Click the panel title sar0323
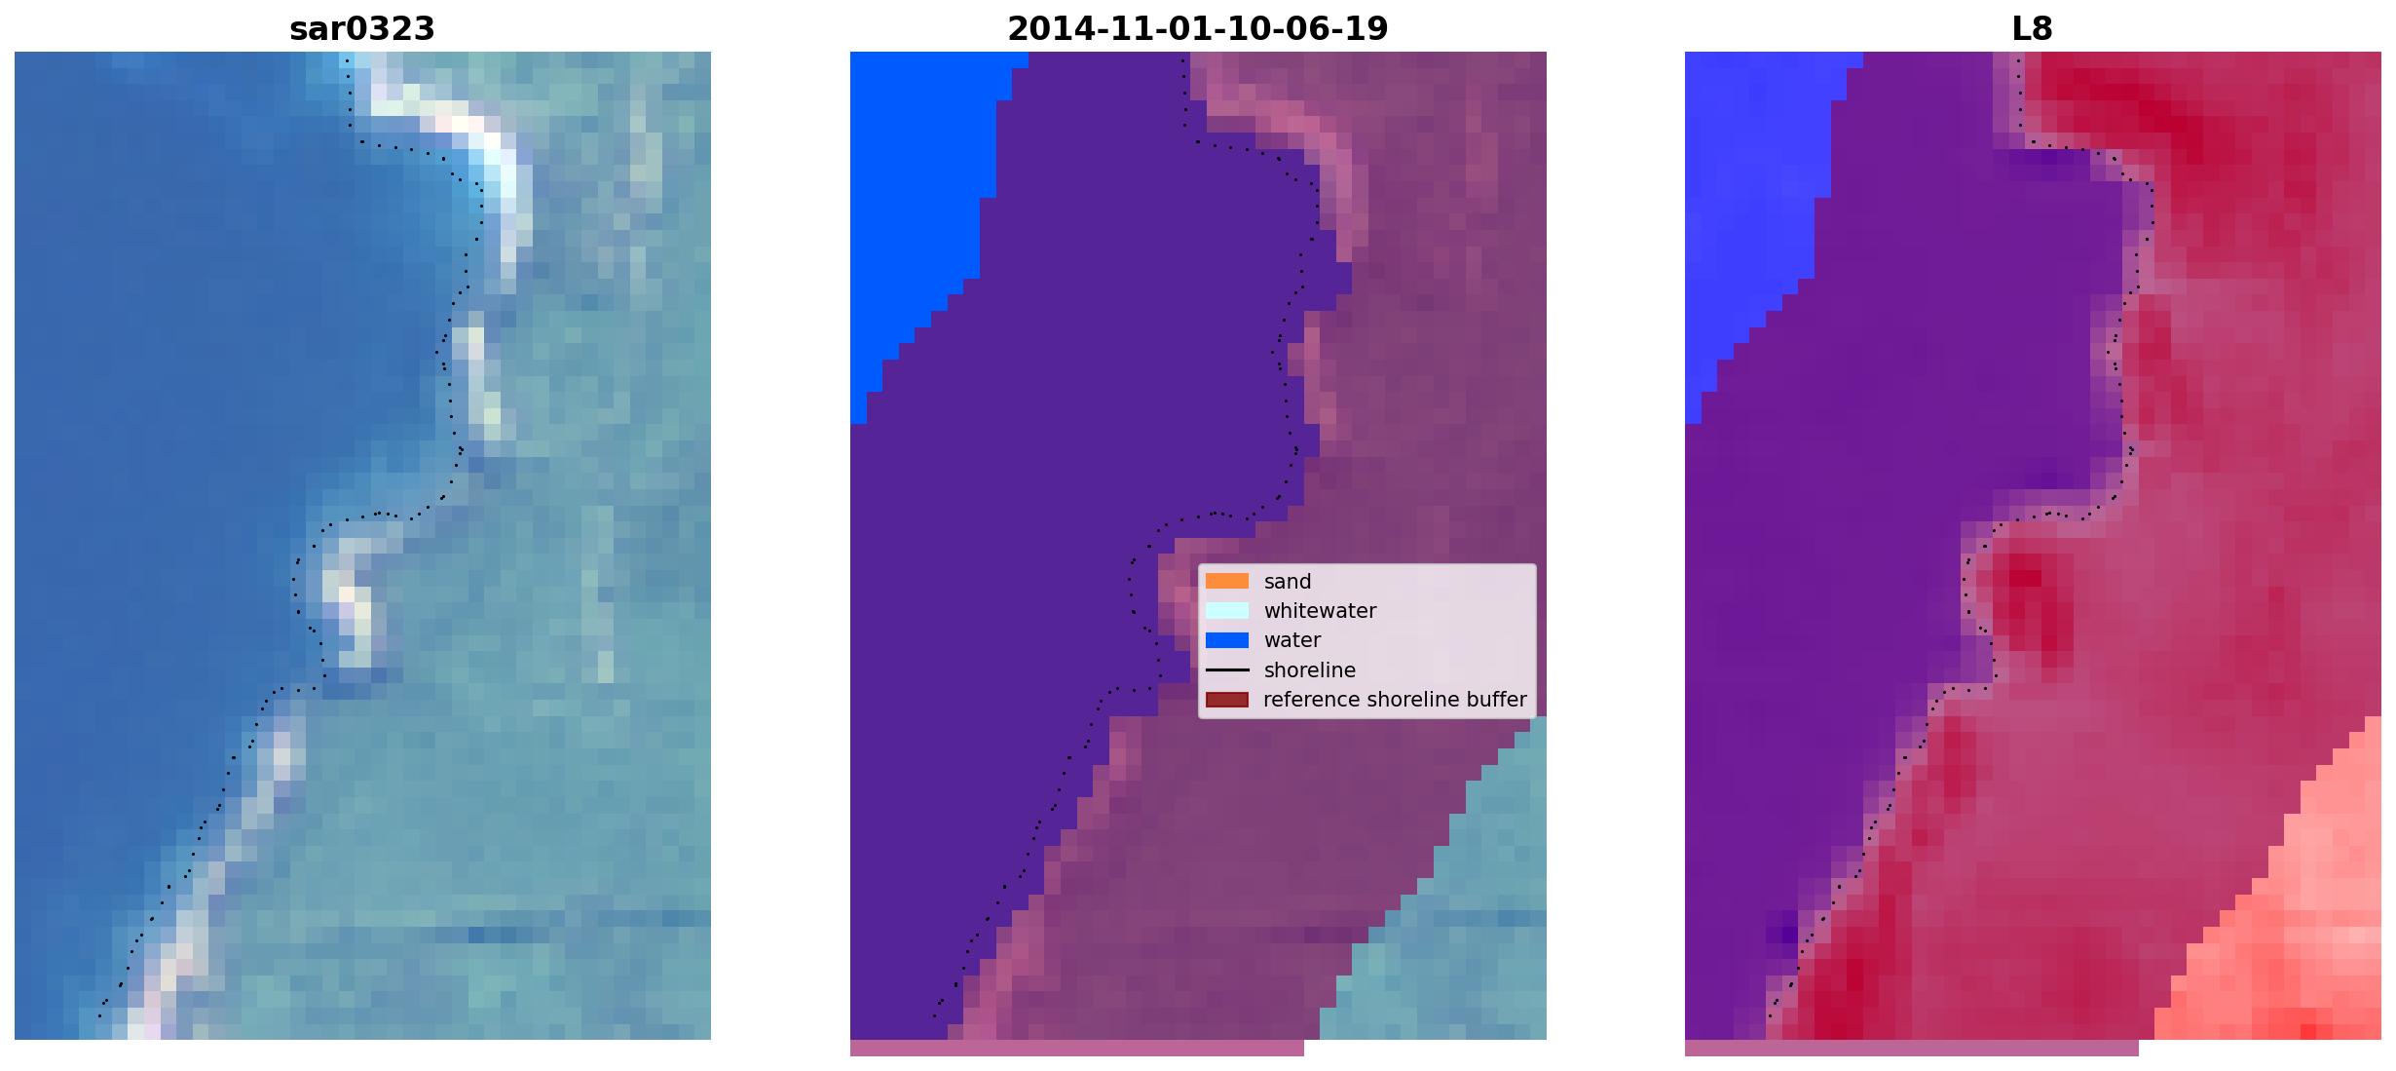point(361,28)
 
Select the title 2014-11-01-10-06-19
point(1197,28)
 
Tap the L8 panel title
point(2032,28)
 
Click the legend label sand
point(1287,582)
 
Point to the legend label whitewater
point(1320,611)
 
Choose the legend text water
point(1292,640)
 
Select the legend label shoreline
point(1309,670)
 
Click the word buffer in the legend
point(1495,700)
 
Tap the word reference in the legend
point(1312,700)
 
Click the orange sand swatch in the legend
point(1226,581)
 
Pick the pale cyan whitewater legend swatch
point(1226,611)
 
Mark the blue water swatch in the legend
point(1226,640)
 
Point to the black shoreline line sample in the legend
point(1226,670)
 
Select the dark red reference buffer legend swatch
point(1226,700)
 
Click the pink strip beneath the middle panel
point(1076,1048)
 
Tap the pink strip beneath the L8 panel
point(1911,1048)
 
